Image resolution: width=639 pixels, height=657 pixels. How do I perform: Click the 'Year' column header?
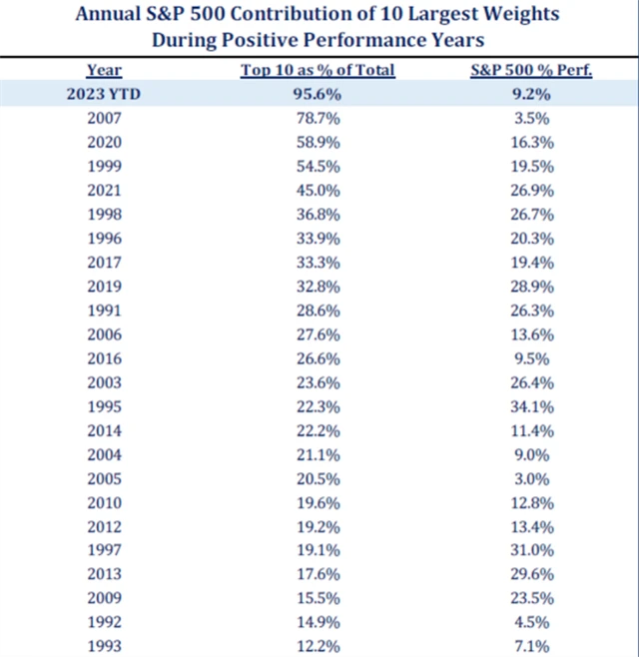(x=103, y=70)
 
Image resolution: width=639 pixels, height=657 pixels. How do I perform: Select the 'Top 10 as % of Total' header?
(x=319, y=70)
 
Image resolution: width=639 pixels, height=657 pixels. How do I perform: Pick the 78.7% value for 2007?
(x=319, y=119)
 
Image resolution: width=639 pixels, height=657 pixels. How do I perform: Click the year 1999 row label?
(x=103, y=167)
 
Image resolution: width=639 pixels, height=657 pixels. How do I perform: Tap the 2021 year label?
(x=103, y=191)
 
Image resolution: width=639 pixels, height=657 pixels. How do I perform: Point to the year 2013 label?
(x=103, y=574)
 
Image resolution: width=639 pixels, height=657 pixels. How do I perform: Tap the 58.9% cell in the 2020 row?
(x=319, y=143)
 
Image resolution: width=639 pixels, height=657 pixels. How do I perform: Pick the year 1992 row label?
(x=103, y=622)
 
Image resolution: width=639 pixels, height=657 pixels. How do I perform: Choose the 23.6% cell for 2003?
(x=319, y=382)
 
